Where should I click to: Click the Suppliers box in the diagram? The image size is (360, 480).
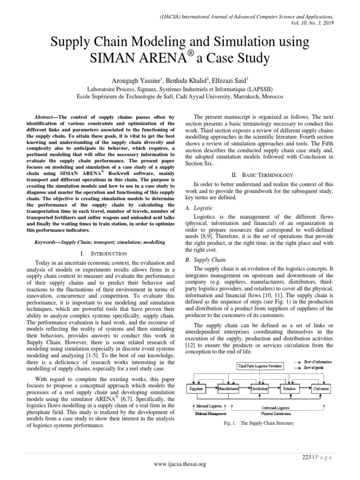pos(196,389)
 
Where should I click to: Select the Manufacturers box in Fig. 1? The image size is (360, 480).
pos(228,389)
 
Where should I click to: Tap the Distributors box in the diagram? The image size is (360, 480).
pos(259,389)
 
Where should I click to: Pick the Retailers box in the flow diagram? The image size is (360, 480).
pos(290,389)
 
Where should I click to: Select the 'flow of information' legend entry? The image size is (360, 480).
pos(322,362)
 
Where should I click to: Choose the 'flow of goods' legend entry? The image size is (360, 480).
pos(318,368)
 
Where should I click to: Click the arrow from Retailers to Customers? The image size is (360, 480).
pos(305,389)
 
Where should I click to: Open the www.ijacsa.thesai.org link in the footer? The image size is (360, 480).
pos(180,464)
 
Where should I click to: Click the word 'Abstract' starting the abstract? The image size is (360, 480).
pos(46,117)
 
